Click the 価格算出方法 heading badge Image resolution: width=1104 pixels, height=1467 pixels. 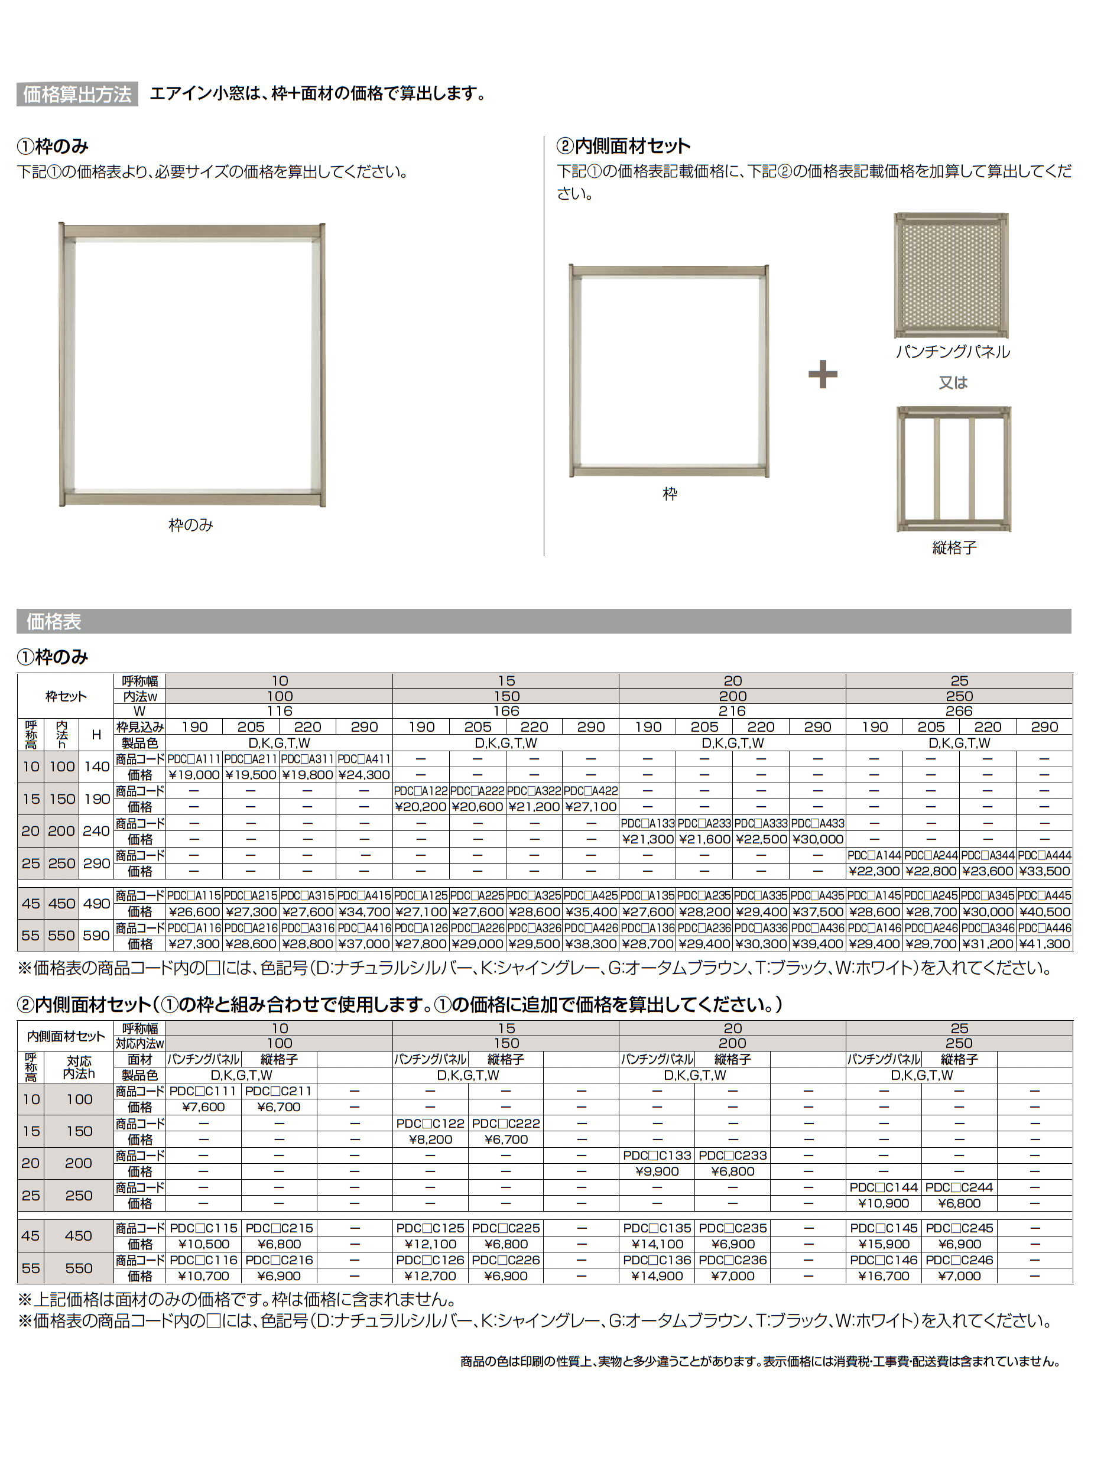(x=77, y=94)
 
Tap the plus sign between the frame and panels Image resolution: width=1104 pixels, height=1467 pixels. (x=822, y=375)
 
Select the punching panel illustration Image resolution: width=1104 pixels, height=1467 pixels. (x=952, y=275)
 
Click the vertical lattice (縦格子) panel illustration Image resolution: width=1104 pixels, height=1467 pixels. (x=953, y=469)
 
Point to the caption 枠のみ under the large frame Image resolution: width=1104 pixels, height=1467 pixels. (x=191, y=525)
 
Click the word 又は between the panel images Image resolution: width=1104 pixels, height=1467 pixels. (x=953, y=382)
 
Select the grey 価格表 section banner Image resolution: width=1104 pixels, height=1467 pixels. (x=544, y=621)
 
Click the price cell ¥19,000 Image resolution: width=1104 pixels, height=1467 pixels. (x=194, y=775)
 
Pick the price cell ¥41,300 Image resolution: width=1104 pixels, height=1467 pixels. (x=1044, y=944)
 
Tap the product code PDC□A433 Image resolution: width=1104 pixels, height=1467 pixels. (x=817, y=823)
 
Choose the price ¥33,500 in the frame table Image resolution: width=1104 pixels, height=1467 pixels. (x=1044, y=871)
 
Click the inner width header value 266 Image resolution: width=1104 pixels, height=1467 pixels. (x=959, y=711)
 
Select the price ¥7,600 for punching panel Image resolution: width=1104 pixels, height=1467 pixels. (x=203, y=1107)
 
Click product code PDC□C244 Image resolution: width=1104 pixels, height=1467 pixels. (x=959, y=1187)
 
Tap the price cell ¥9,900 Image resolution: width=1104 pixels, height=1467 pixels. (x=657, y=1171)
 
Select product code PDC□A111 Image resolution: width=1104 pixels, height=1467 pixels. (x=194, y=759)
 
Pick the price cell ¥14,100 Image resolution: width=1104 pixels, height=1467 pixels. (x=657, y=1244)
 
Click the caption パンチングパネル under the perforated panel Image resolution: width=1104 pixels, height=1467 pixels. (x=952, y=352)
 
